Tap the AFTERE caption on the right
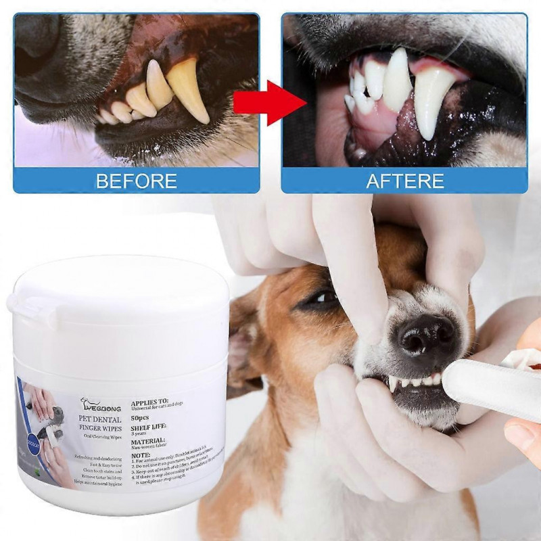(405, 181)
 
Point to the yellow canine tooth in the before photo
(187, 88)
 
